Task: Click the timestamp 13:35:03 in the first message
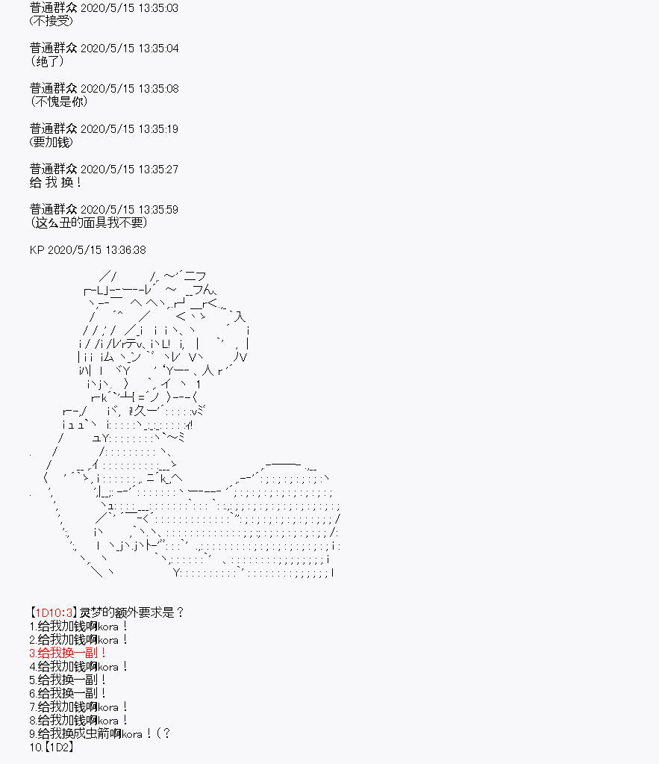coord(158,7)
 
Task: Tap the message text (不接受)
coord(51,21)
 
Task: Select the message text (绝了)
coord(47,61)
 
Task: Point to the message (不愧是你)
coord(59,102)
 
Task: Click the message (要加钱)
coord(51,142)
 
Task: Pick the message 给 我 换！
coord(55,182)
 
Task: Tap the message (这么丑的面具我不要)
coord(88,223)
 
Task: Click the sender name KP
coord(37,250)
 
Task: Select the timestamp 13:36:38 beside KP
coord(125,250)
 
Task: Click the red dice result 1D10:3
coord(54,612)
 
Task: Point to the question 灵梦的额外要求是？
coord(131,612)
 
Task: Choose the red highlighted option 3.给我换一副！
coord(67,653)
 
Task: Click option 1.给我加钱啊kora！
coord(78,626)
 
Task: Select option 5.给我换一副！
coord(67,680)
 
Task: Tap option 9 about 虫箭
coord(100,733)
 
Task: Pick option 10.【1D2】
coord(51,747)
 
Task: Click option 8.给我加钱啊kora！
coord(78,720)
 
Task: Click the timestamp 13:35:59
coord(158,210)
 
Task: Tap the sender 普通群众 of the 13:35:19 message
coord(54,128)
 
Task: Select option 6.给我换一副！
coord(67,693)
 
